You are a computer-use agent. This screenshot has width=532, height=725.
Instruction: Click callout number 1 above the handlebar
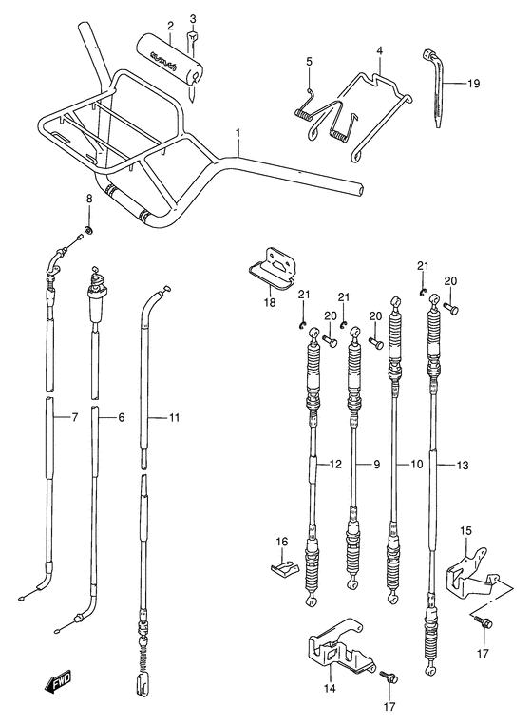pyautogui.click(x=238, y=133)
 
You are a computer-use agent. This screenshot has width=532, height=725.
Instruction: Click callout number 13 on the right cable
pyautogui.click(x=461, y=465)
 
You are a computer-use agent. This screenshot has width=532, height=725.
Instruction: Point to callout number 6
pyautogui.click(x=122, y=417)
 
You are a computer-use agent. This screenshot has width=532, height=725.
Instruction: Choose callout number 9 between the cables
pyautogui.click(x=375, y=465)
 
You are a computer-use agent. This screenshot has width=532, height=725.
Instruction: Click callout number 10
pyautogui.click(x=415, y=465)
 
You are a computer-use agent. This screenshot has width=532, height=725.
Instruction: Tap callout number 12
pyautogui.click(x=334, y=465)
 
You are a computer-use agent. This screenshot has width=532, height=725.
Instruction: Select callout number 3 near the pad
pyautogui.click(x=193, y=18)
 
